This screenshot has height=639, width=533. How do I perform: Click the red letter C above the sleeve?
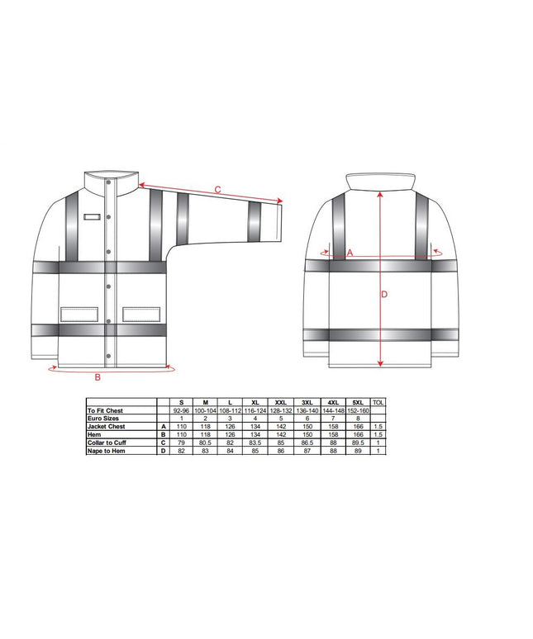(217, 190)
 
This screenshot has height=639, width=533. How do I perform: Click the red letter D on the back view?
(384, 294)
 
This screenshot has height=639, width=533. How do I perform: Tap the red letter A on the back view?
(350, 253)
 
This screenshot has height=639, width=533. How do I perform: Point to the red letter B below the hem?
(98, 378)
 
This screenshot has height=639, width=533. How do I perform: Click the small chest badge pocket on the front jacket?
(93, 218)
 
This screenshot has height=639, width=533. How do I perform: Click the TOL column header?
(379, 402)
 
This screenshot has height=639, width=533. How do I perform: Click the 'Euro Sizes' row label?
(103, 419)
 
